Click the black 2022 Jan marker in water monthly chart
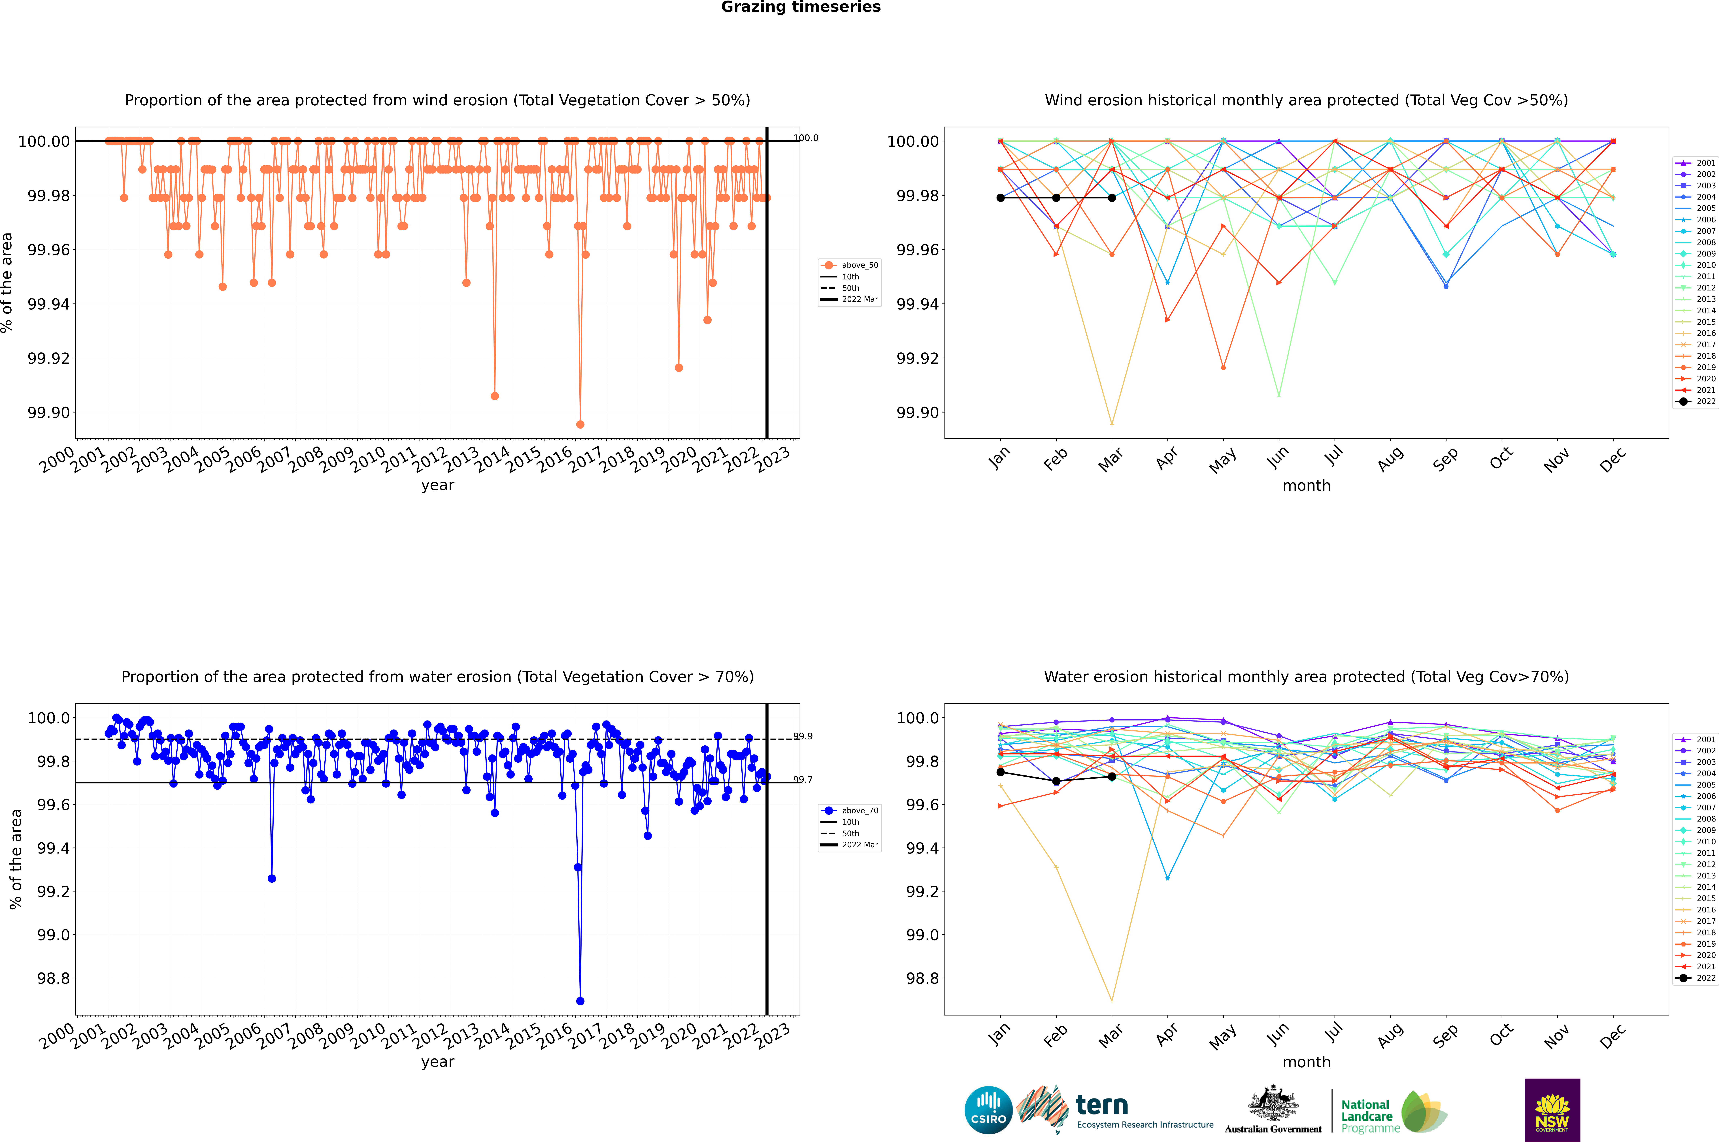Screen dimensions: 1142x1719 (x=1001, y=772)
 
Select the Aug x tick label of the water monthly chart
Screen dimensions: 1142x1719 (x=1390, y=1036)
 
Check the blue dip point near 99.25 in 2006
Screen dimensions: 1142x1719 (x=272, y=878)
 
